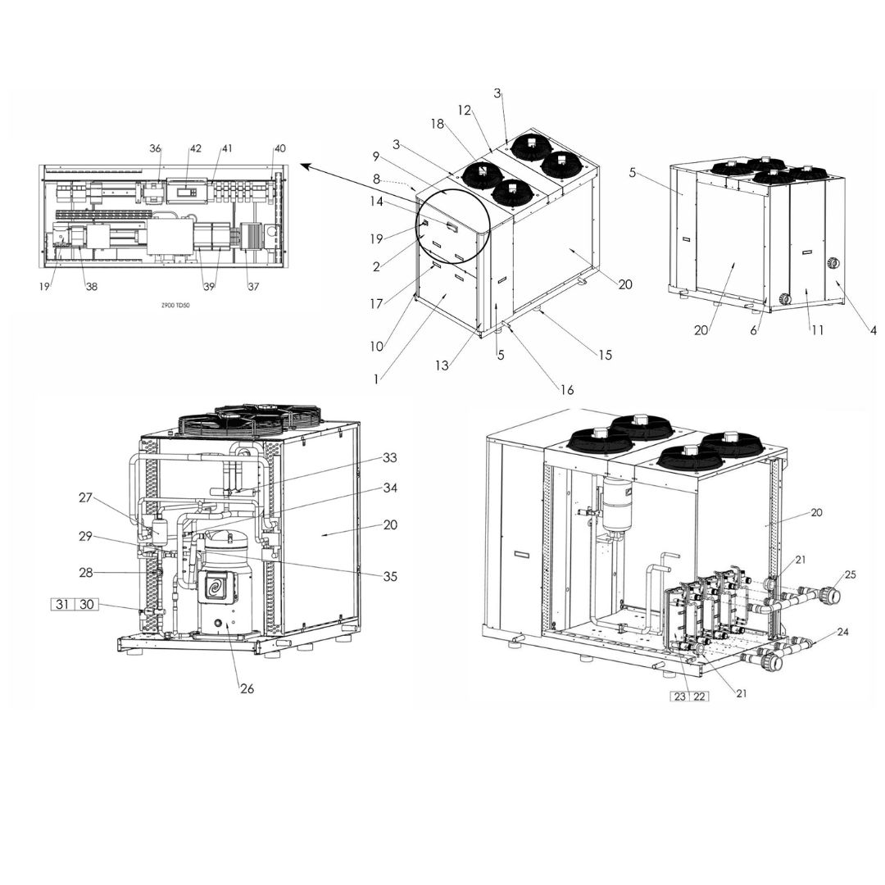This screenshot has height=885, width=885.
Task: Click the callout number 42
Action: [195, 148]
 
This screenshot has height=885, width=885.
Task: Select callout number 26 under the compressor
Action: [247, 688]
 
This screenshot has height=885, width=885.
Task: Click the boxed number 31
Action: [62, 605]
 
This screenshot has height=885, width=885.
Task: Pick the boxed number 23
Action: [679, 696]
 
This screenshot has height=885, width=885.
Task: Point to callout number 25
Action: [850, 574]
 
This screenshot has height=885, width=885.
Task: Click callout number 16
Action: [567, 389]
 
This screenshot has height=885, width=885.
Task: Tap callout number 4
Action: [874, 331]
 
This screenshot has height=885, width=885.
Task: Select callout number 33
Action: [390, 457]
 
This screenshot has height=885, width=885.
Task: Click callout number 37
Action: [253, 286]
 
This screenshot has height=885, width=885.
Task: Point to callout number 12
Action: [464, 110]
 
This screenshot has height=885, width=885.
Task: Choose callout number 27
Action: [85, 497]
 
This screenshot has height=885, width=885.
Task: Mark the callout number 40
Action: [280, 148]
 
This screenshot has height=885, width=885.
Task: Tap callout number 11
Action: [817, 330]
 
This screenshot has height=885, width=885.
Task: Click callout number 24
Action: [842, 632]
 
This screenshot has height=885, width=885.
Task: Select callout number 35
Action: [390, 576]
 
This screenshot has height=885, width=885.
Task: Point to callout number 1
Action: [376, 379]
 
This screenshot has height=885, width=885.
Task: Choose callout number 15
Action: [605, 355]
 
